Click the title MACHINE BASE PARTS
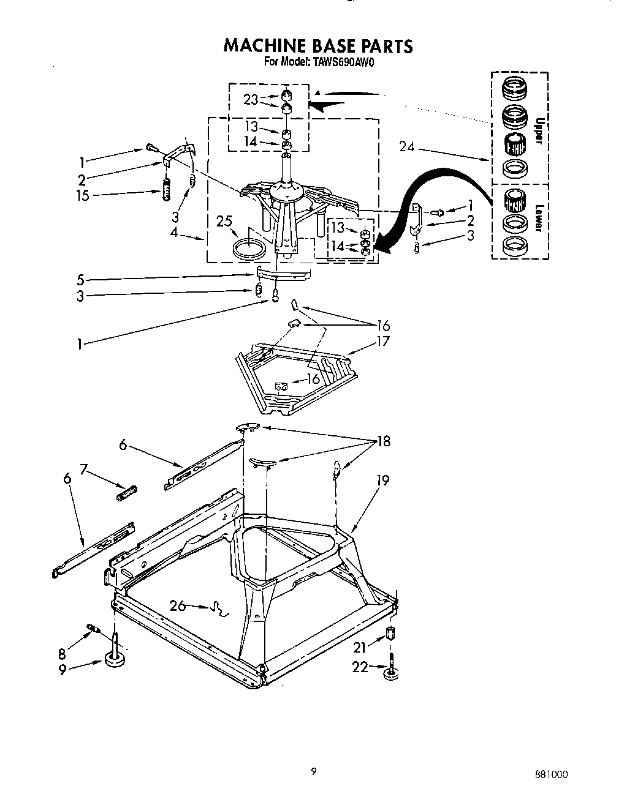coord(318,47)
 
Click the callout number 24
coord(407,146)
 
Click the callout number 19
coord(382,481)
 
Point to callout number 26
coord(177,606)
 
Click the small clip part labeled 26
coord(218,609)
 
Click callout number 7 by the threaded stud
coord(84,470)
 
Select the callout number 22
coord(361,667)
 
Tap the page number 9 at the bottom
coord(313,771)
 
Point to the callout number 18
coord(384,441)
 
